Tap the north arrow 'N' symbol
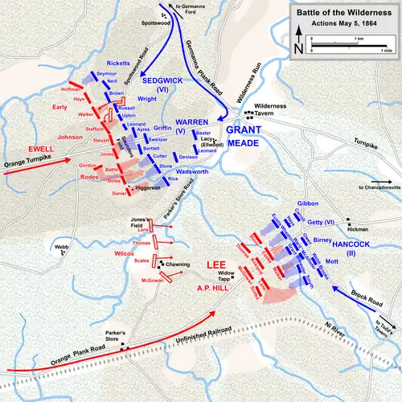pyautogui.click(x=299, y=47)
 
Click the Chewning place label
pyautogui.click(x=178, y=264)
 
